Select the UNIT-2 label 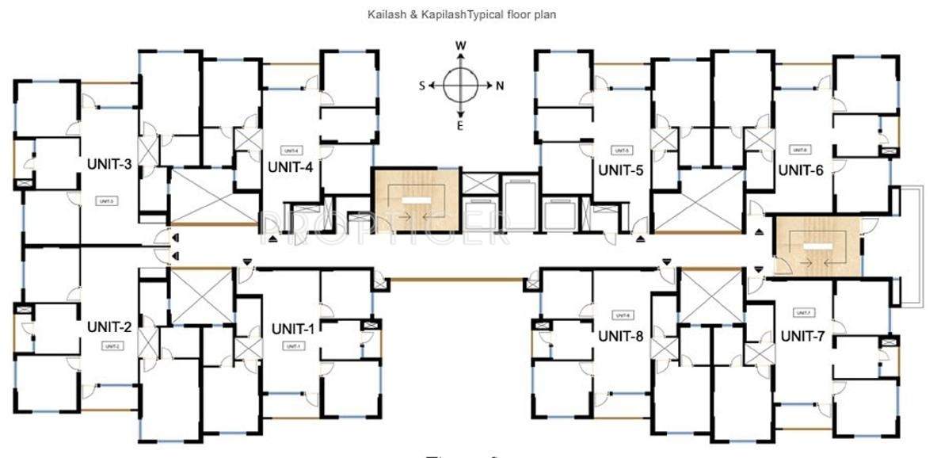(110, 326)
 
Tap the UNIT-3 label (110, 164)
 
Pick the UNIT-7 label (803, 336)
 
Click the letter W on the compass (460, 47)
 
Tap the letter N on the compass (499, 86)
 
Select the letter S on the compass (422, 86)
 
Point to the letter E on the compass (460, 125)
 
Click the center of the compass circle (460, 86)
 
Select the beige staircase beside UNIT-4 (416, 200)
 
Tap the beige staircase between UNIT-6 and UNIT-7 (817, 245)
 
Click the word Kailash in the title (384, 14)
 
